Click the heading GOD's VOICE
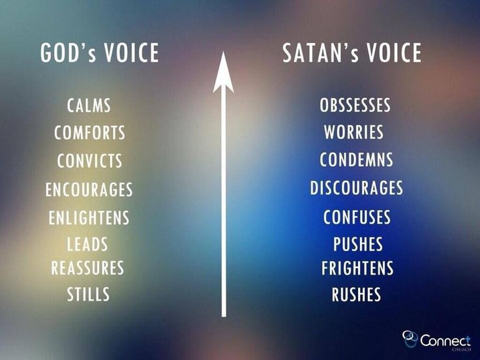tap(100, 53)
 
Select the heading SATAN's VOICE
tap(352, 53)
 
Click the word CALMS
tap(89, 105)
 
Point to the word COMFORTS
tap(90, 132)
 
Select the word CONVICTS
tap(90, 160)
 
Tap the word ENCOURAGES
tap(89, 190)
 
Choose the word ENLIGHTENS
tap(89, 218)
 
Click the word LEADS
tap(87, 244)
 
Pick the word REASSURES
tap(87, 268)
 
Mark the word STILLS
tap(88, 294)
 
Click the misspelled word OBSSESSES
tap(355, 105)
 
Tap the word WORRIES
tap(354, 132)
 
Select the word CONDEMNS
tap(356, 160)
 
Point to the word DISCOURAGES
tap(356, 188)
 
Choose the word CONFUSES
tap(357, 217)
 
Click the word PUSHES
tap(358, 244)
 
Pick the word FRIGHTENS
tap(357, 268)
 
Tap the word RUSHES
tap(356, 294)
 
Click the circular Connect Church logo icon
tap(410, 339)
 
